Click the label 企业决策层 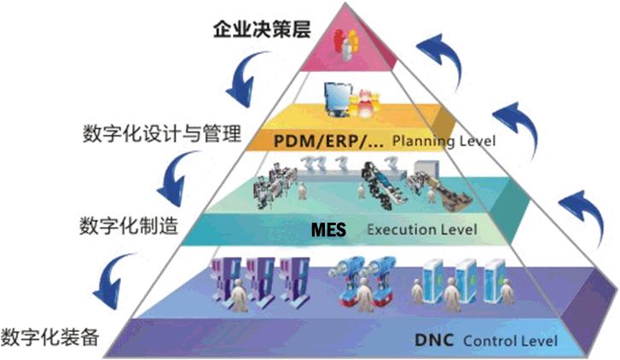click(x=262, y=29)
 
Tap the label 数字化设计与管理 click(x=162, y=133)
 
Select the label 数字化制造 click(x=129, y=226)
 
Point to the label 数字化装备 click(x=49, y=338)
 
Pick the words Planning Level click(x=443, y=142)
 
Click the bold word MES click(x=328, y=229)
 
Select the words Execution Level click(x=422, y=229)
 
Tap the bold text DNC click(x=434, y=340)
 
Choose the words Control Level click(x=510, y=340)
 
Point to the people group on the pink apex click(x=346, y=44)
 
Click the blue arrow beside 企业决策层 click(x=246, y=79)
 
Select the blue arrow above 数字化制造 click(x=177, y=178)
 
